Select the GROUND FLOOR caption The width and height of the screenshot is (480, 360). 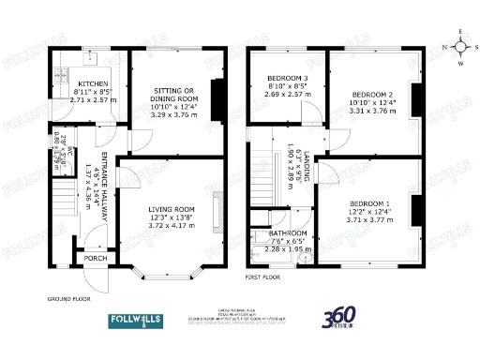[68, 300]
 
